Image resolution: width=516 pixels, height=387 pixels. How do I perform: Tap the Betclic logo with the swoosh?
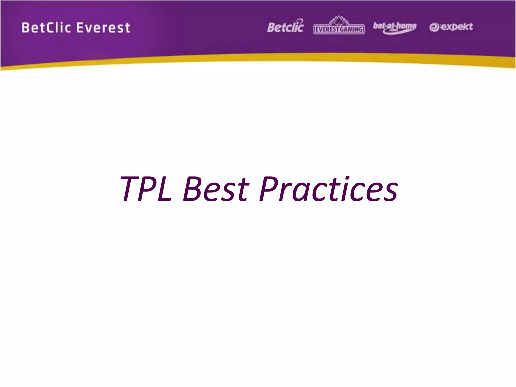click(285, 26)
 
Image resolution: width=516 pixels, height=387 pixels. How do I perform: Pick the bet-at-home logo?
click(395, 27)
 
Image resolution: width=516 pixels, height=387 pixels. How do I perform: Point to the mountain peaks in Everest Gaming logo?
click(339, 20)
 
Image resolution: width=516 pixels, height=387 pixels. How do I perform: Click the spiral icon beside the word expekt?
click(434, 27)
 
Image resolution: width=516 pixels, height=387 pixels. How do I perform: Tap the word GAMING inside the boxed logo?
click(351, 30)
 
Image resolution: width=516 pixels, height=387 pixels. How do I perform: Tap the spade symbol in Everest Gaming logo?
click(339, 22)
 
